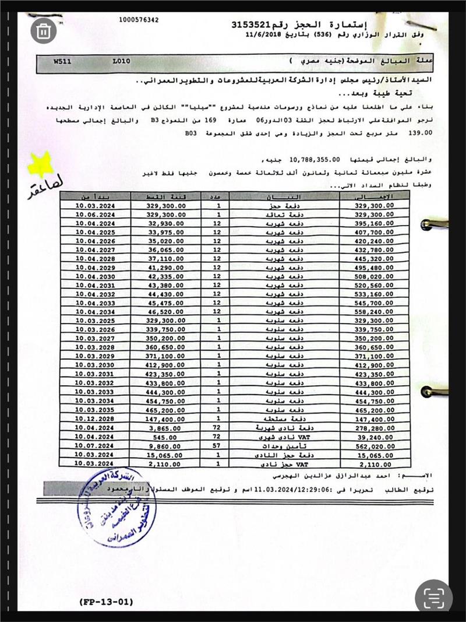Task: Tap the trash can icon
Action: [x=43, y=31]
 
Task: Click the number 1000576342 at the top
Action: [x=138, y=20]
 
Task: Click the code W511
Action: [x=62, y=61]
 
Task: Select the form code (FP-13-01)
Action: [x=105, y=602]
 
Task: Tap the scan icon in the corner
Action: [x=433, y=596]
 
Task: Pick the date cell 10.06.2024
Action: [x=92, y=215]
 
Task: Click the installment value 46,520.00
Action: [x=166, y=312]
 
